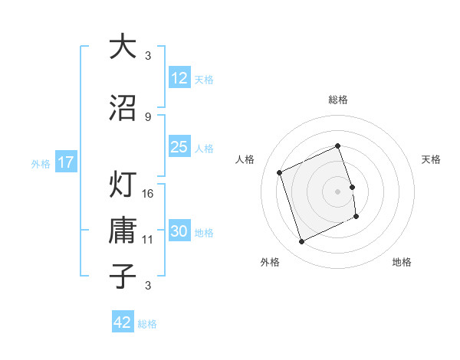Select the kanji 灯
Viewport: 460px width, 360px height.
[x=123, y=185]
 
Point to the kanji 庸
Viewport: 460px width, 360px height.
[x=123, y=231]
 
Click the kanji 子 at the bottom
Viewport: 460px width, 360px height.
[x=123, y=276]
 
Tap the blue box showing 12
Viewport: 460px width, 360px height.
[x=179, y=78]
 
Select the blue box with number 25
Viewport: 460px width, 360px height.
[x=179, y=147]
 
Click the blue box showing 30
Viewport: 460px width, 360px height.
[x=179, y=232]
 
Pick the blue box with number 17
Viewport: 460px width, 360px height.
[x=65, y=162]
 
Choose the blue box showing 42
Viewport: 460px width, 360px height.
[x=123, y=322]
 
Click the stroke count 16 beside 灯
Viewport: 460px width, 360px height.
[x=149, y=193]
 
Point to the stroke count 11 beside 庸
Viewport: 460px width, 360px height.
[x=149, y=239]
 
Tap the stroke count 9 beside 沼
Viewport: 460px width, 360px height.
[x=147, y=116]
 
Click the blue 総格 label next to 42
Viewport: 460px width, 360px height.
[x=147, y=324]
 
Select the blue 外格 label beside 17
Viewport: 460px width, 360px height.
[x=40, y=163]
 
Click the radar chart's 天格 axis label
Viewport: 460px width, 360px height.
[x=431, y=159]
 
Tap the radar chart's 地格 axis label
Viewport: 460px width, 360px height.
[x=402, y=262]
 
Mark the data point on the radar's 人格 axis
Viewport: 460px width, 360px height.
[x=280, y=172]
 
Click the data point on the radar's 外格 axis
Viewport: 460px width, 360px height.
[x=301, y=242]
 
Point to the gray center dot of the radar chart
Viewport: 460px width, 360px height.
[x=337, y=191]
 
